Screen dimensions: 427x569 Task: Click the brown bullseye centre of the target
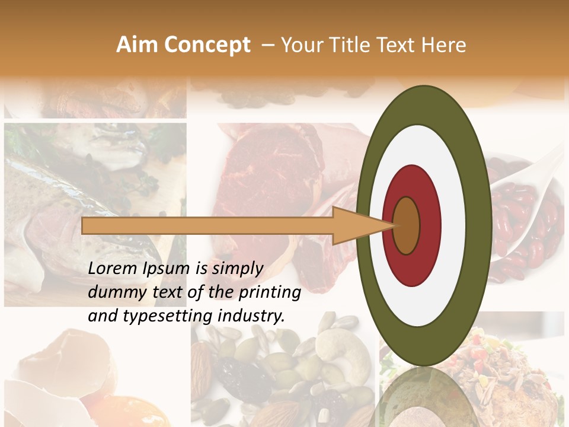406,225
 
